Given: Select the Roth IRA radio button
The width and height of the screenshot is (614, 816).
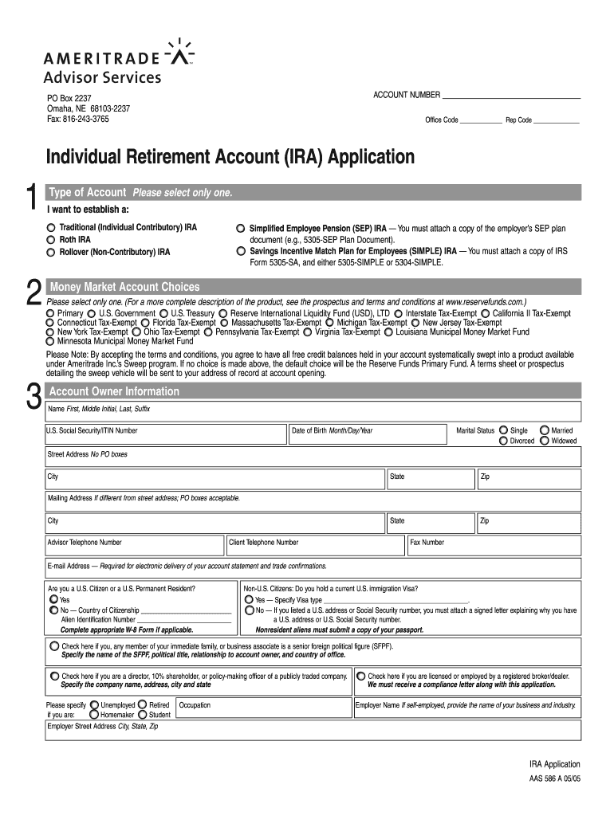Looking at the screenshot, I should click(51, 240).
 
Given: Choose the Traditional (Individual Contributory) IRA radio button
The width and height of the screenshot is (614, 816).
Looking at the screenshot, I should click(51, 228).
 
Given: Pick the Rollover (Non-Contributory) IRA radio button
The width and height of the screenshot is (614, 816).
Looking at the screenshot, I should click(51, 253).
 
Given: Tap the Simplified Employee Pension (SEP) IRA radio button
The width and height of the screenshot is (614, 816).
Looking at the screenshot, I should click(241, 229).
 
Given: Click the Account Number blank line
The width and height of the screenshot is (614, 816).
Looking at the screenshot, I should click(511, 95).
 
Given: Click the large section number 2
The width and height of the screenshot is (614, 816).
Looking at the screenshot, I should click(33, 292).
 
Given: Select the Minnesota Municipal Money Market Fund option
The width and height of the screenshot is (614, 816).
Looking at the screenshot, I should click(51, 341).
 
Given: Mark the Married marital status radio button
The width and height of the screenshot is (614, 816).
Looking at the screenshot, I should click(545, 430).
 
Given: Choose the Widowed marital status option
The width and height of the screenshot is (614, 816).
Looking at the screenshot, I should click(545, 441).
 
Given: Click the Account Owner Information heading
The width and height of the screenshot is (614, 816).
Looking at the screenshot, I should click(114, 391).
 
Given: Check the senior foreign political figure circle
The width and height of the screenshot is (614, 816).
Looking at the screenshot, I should click(54, 645).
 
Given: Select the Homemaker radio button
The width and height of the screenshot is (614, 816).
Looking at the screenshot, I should click(95, 715).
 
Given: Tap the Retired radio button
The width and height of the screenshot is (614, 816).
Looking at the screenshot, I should click(143, 705).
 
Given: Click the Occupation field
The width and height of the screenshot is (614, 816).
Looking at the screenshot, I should click(263, 708).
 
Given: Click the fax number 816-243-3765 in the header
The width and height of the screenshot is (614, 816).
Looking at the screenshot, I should click(77, 119).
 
